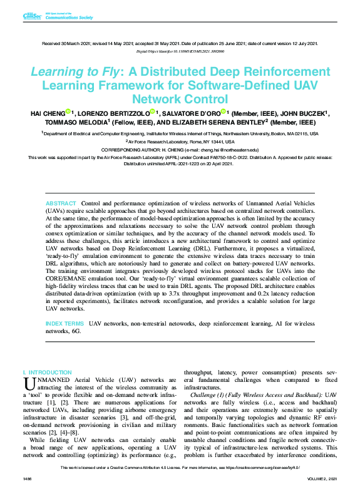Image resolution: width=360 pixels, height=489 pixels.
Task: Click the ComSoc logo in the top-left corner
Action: (31, 15)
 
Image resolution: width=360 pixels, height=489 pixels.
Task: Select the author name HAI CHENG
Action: (50, 113)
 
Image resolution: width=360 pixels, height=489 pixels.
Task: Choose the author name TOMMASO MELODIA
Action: (71, 123)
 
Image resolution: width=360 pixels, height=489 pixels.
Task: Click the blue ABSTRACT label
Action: (61, 204)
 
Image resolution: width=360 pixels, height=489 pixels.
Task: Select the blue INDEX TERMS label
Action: (65, 323)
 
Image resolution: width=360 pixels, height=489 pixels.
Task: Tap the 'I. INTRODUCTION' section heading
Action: (46, 372)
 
